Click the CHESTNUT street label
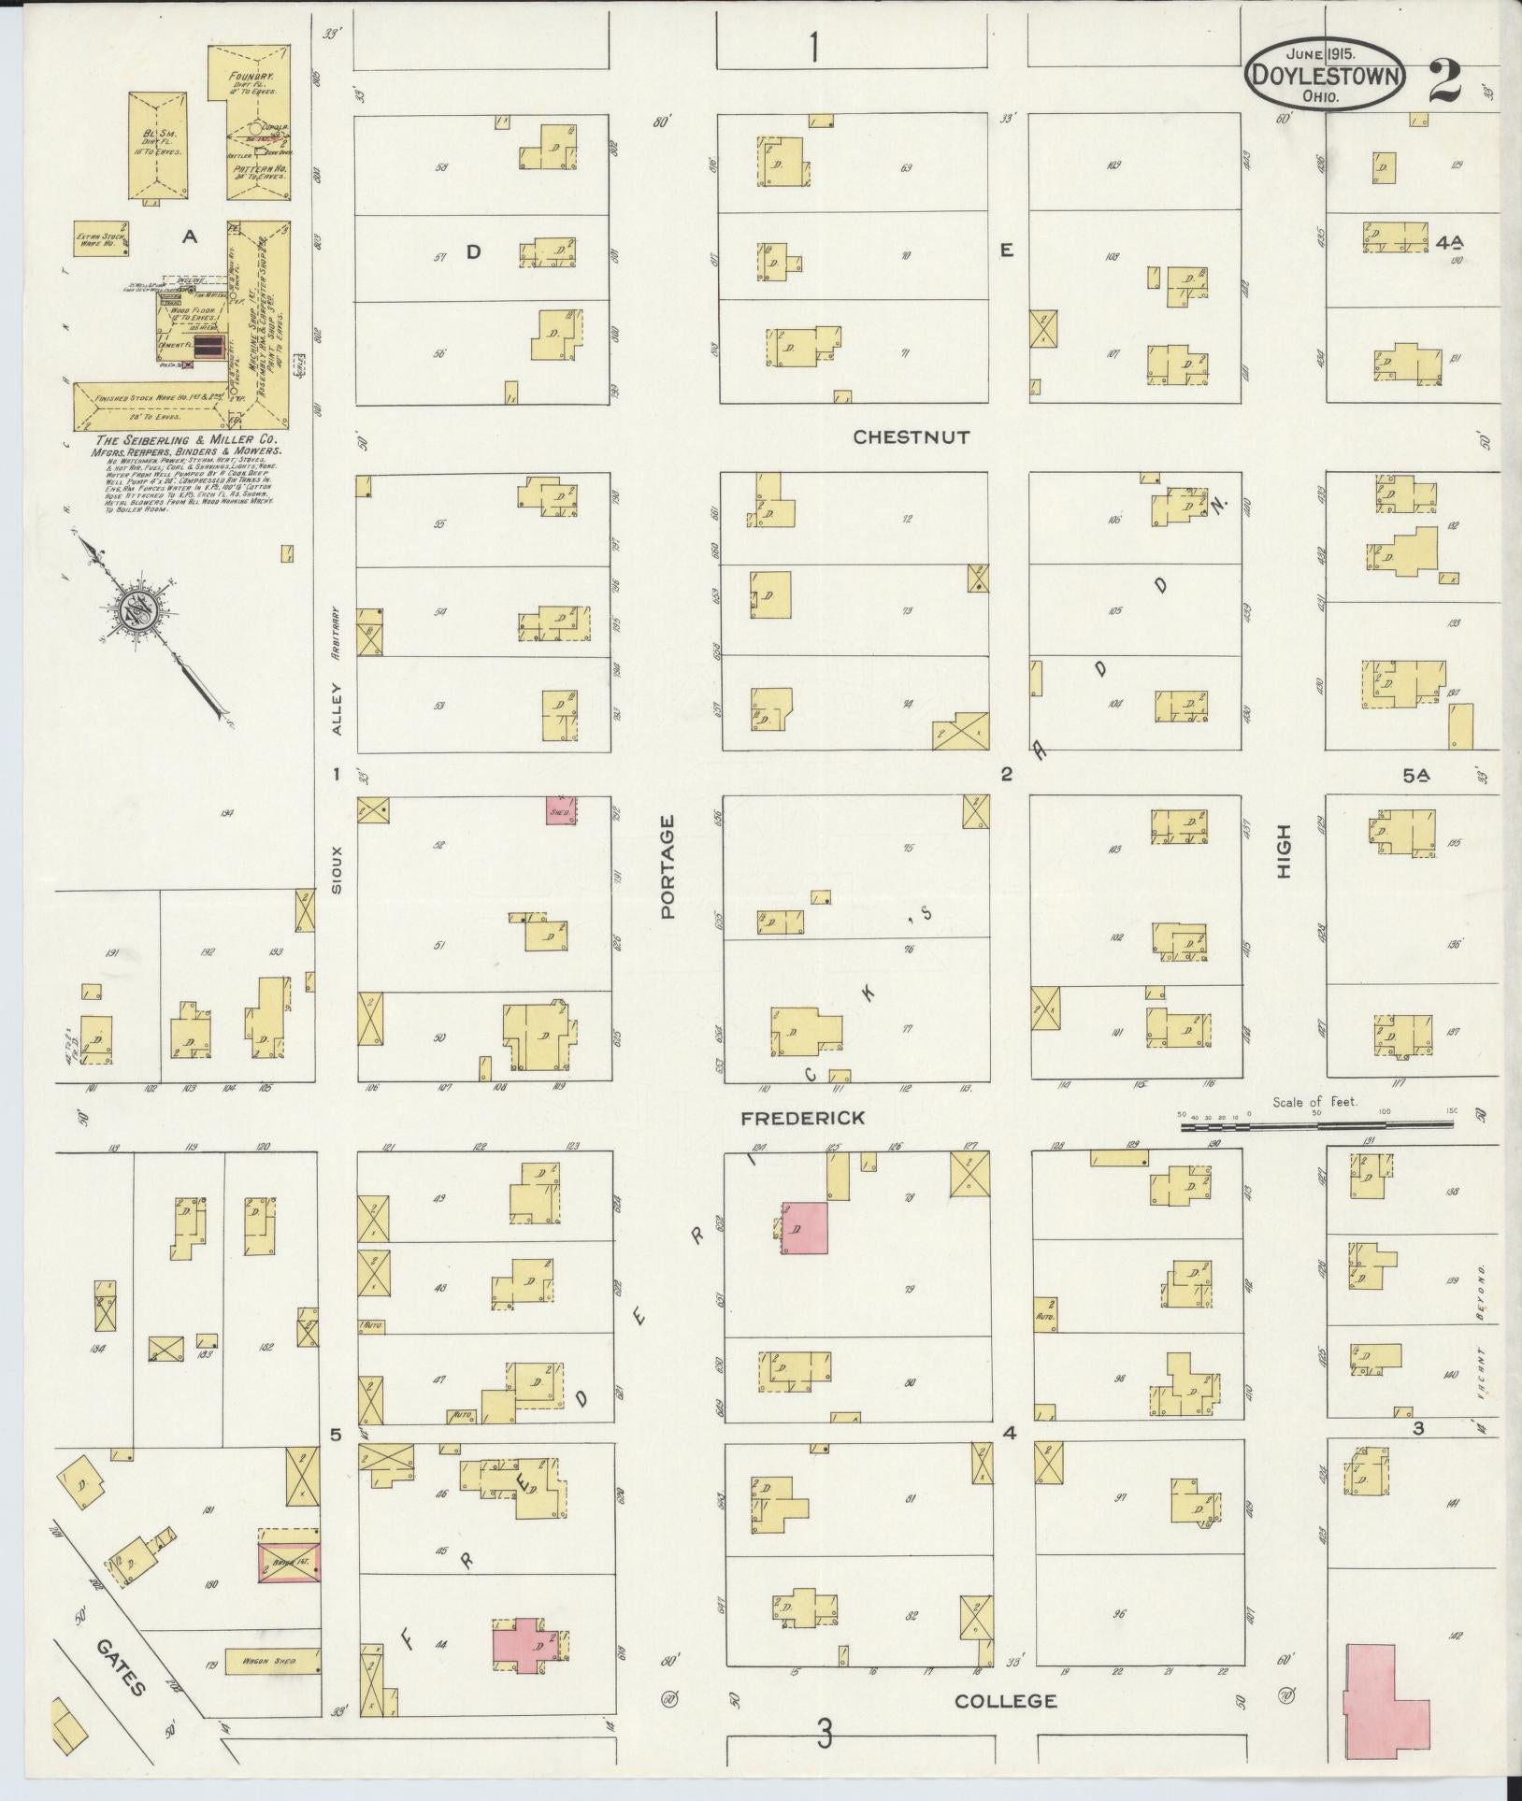coord(912,436)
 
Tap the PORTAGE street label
coord(668,866)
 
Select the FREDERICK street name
coord(804,1118)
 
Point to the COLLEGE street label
coord(1006,1701)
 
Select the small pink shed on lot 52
coord(562,810)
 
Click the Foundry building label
coord(255,79)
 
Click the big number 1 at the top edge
coord(816,47)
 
